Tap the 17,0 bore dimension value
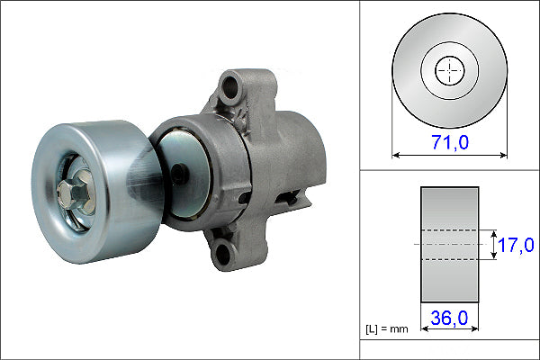tap(517, 245)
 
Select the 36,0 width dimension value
tap(449, 319)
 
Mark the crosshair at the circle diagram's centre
tap(449, 70)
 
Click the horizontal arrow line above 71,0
tap(449, 155)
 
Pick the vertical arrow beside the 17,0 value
tap(495, 245)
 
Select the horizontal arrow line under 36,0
tap(449, 332)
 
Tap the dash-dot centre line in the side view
tap(449, 245)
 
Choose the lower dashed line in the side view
tap(449, 260)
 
